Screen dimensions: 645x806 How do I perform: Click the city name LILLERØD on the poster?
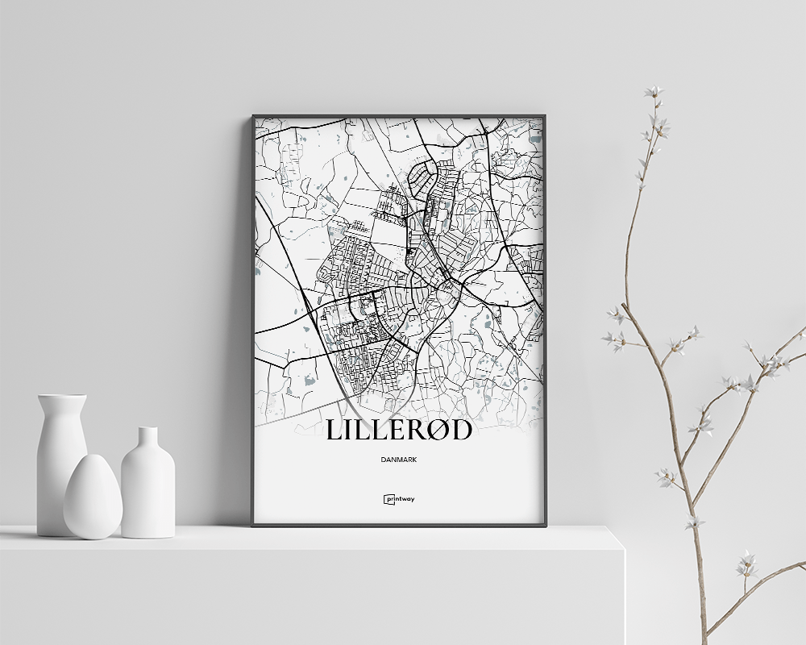point(399,431)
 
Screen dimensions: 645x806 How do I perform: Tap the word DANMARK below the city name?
point(399,460)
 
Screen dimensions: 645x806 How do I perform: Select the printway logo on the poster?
point(399,499)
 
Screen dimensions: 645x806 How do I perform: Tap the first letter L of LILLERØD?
point(334,431)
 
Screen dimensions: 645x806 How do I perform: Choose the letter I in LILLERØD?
point(351,431)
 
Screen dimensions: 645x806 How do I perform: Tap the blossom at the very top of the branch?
point(653,91)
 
